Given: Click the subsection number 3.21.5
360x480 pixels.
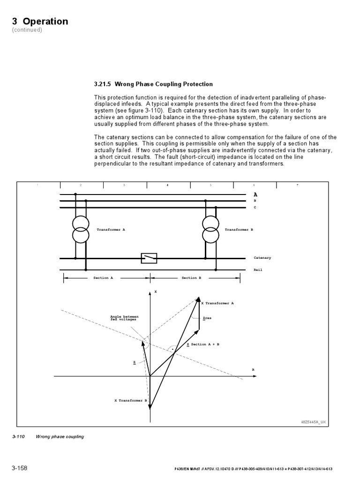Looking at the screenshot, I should [x=105, y=84].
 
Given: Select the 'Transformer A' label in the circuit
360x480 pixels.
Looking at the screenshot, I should [x=111, y=230].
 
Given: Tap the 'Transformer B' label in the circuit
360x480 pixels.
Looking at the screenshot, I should [x=239, y=230].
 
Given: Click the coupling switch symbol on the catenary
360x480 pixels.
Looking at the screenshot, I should [x=149, y=258].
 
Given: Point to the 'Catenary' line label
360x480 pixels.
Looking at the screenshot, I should [x=262, y=258].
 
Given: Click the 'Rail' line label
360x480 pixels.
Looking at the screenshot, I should [x=258, y=270].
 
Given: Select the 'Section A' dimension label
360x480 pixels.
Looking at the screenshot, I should [x=103, y=278].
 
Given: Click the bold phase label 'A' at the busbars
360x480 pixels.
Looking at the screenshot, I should [x=255, y=194].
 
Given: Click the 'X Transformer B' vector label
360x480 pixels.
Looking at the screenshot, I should [x=131, y=401].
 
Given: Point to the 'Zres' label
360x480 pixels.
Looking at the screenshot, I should [x=207, y=318].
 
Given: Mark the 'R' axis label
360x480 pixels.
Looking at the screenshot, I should [x=253, y=370].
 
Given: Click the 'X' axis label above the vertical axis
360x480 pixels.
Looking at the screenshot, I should [x=155, y=292].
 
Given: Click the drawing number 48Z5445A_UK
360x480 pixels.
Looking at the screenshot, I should [x=313, y=422].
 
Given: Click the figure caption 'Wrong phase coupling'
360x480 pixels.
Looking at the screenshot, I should [x=60, y=437].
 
